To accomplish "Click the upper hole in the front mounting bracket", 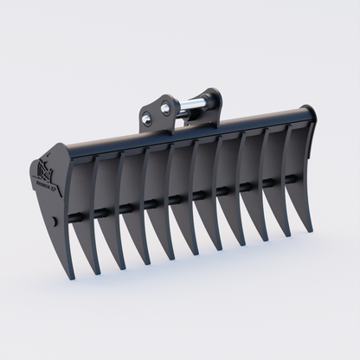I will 152,108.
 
